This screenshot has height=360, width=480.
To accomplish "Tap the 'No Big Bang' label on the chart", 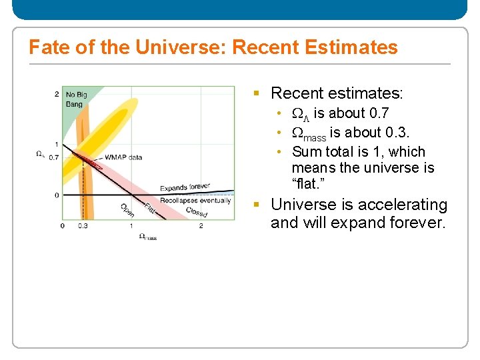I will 76,99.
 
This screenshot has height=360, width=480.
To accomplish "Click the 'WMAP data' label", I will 123,157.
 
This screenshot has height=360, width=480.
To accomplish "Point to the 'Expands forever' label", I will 185,188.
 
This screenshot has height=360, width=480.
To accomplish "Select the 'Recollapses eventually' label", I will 195,201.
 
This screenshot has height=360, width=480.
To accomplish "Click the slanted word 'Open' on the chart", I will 127,210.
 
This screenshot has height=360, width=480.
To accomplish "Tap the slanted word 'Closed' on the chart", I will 197,212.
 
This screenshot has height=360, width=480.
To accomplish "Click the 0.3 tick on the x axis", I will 83,226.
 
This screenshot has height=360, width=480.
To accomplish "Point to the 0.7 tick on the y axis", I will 54,157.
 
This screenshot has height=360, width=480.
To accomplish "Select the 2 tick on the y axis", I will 57,94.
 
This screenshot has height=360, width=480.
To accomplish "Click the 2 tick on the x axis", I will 201,226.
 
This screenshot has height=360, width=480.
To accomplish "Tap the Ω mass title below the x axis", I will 147,237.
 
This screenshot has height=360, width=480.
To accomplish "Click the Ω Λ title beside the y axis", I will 40,154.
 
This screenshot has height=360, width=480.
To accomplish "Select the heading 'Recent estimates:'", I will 337,93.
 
